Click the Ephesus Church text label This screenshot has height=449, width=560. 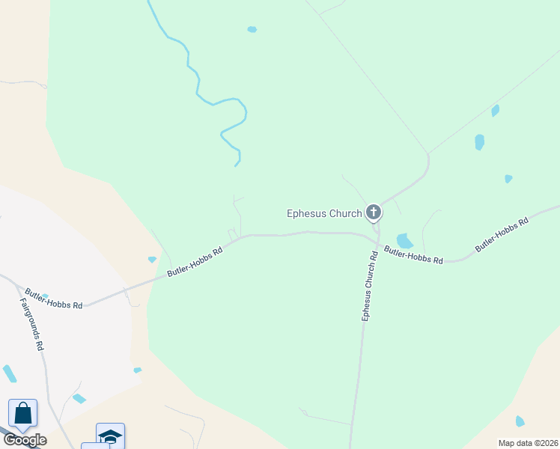(324, 213)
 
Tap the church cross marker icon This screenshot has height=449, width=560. (374, 213)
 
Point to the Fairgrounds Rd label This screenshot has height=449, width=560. (31, 325)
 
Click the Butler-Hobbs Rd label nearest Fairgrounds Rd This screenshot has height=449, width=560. (53, 299)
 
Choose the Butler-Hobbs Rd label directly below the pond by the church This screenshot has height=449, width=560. (413, 254)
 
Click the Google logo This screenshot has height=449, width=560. (25, 440)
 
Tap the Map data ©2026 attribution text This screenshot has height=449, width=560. (528, 443)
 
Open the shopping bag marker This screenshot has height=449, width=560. (22, 413)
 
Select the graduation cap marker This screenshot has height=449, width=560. (110, 436)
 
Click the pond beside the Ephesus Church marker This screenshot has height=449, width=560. (404, 241)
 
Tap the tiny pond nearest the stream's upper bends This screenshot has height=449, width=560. (252, 30)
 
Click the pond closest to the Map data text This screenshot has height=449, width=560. (520, 421)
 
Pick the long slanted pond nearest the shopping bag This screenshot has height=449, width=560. (10, 373)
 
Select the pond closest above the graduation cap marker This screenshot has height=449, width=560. (79, 398)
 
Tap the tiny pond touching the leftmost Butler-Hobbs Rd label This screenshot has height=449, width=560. (45, 297)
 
